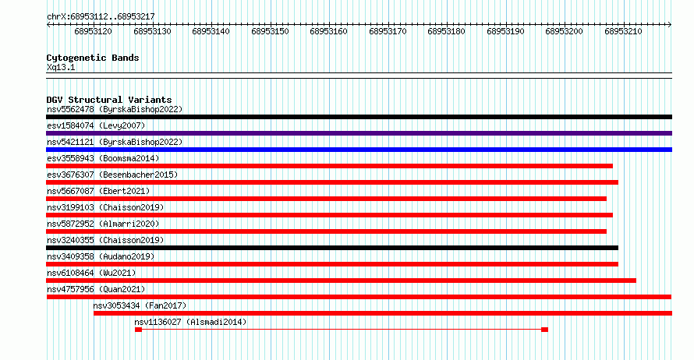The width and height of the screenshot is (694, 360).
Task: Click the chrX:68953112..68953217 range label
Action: point(101,17)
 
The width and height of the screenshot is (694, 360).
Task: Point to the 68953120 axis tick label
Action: point(93,31)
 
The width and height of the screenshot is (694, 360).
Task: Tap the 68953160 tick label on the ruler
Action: point(328,31)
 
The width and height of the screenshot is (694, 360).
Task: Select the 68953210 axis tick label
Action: point(623,31)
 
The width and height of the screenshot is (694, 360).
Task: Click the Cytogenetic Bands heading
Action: point(93,58)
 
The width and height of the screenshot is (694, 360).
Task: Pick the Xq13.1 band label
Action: point(61,67)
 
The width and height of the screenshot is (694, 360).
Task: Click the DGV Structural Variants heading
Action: point(109,100)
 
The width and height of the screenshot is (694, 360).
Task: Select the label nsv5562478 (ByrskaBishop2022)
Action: point(115,109)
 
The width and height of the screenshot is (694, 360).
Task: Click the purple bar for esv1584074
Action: point(359,133)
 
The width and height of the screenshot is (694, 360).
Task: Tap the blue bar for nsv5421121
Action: point(359,150)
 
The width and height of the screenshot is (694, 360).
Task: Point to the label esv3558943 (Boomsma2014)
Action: point(103,158)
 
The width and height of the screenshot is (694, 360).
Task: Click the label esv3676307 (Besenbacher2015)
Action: point(112,175)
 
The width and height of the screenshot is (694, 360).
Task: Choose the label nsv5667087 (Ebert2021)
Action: point(98,191)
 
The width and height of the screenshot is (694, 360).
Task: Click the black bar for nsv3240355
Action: point(332,248)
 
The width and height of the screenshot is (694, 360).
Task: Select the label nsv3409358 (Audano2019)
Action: point(101,256)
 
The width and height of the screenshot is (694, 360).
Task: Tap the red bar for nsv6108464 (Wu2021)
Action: point(341,281)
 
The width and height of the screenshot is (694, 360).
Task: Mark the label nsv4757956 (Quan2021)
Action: point(96,289)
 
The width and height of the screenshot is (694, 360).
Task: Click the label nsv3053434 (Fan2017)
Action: point(140,305)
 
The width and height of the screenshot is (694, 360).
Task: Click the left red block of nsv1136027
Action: point(139,330)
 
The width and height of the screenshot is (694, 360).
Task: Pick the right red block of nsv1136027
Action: point(545,330)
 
